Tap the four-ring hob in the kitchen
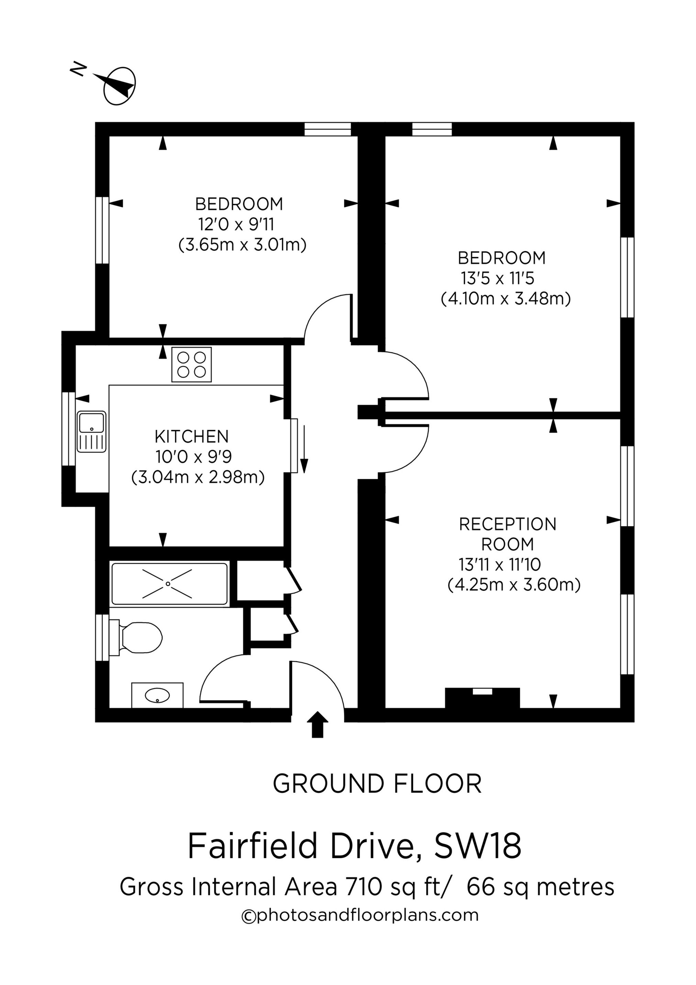pos(191,364)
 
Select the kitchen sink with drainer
pos(91,432)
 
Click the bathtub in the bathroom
pos(169,584)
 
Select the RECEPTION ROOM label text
pos(508,534)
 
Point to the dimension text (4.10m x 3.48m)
pos(506,299)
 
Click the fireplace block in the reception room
pos(483,699)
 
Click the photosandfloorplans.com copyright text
pos(360,915)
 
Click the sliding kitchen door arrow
pos(304,449)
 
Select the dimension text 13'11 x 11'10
pos(500,565)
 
